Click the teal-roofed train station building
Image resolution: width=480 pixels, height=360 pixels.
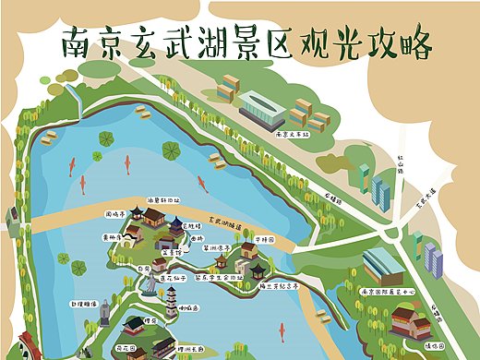point(262,110)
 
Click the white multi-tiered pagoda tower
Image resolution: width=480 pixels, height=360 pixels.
point(172,301)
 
